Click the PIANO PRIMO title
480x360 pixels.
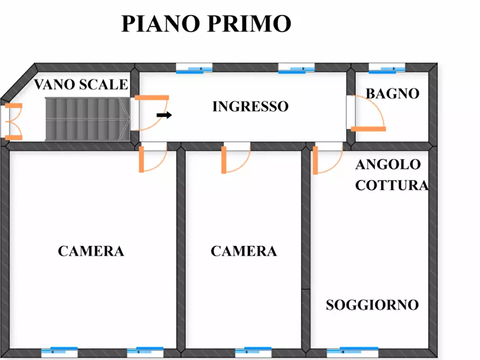click(206, 24)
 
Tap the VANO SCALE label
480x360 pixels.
click(81, 84)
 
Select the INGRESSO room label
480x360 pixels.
click(250, 106)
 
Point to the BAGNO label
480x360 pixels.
click(392, 93)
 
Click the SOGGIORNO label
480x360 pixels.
click(372, 305)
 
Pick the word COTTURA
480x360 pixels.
click(392, 185)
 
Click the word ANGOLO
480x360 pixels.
click(388, 164)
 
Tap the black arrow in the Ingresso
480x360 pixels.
click(164, 115)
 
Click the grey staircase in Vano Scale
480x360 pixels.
click(88, 119)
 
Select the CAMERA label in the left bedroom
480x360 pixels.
click(91, 251)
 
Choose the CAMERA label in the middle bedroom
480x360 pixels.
click(243, 251)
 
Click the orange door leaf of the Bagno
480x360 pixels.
click(368, 129)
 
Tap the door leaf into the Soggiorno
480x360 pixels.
click(316, 160)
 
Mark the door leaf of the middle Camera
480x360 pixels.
click(224, 160)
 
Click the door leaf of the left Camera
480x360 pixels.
click(141, 159)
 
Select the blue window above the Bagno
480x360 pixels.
click(387, 69)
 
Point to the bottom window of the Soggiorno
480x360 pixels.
click(353, 352)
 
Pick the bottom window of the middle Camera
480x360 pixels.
click(254, 352)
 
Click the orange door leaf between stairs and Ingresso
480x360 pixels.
click(152, 98)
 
